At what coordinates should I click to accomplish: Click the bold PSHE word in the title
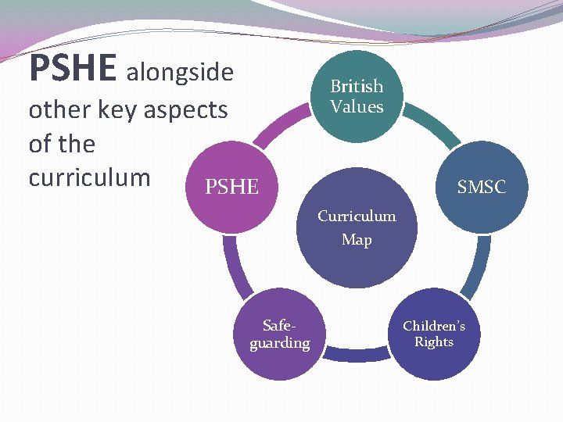coord(73,69)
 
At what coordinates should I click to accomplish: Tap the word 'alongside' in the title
coord(180,73)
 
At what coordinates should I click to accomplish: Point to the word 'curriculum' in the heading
coord(89,177)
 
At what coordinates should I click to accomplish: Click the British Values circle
coord(357,96)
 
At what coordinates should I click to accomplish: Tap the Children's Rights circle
coord(434,334)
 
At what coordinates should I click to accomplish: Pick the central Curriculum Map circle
coord(357,234)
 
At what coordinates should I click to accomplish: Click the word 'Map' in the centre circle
coord(357,240)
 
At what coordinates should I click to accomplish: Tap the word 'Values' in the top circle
coord(357,106)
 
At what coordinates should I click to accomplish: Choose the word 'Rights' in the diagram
coord(434,342)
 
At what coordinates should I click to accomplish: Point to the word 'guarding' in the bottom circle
coord(280,343)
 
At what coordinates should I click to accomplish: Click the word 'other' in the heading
coord(56,109)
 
